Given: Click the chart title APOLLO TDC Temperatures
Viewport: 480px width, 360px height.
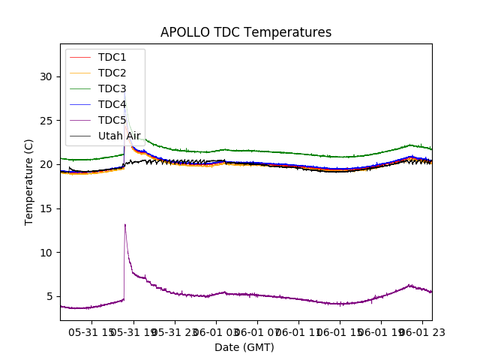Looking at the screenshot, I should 245,32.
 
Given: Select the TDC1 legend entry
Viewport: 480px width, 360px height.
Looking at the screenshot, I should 112,57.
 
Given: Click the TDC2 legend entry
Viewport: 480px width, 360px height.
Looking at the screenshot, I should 112,73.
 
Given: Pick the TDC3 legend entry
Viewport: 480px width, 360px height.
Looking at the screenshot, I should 112,88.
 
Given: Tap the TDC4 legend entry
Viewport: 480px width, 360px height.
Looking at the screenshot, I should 112,104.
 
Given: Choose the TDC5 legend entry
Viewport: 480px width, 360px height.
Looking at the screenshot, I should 112,120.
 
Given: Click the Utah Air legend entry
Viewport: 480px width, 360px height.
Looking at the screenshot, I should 119,136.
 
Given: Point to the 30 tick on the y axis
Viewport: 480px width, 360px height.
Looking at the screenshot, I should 46,76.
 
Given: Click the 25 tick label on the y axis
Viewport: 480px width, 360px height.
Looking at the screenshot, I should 46,121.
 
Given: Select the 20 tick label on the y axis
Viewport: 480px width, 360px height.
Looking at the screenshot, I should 46,164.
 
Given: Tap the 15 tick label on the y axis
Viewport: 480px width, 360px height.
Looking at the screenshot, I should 46,208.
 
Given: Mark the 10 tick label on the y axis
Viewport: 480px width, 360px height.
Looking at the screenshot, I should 46,252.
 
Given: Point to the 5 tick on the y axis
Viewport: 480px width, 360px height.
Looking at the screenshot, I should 49,296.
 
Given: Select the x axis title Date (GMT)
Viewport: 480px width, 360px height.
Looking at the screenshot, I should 244,347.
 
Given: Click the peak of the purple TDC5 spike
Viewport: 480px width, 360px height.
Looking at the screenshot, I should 124,224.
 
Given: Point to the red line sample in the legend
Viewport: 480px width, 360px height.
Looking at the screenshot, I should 80,57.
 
